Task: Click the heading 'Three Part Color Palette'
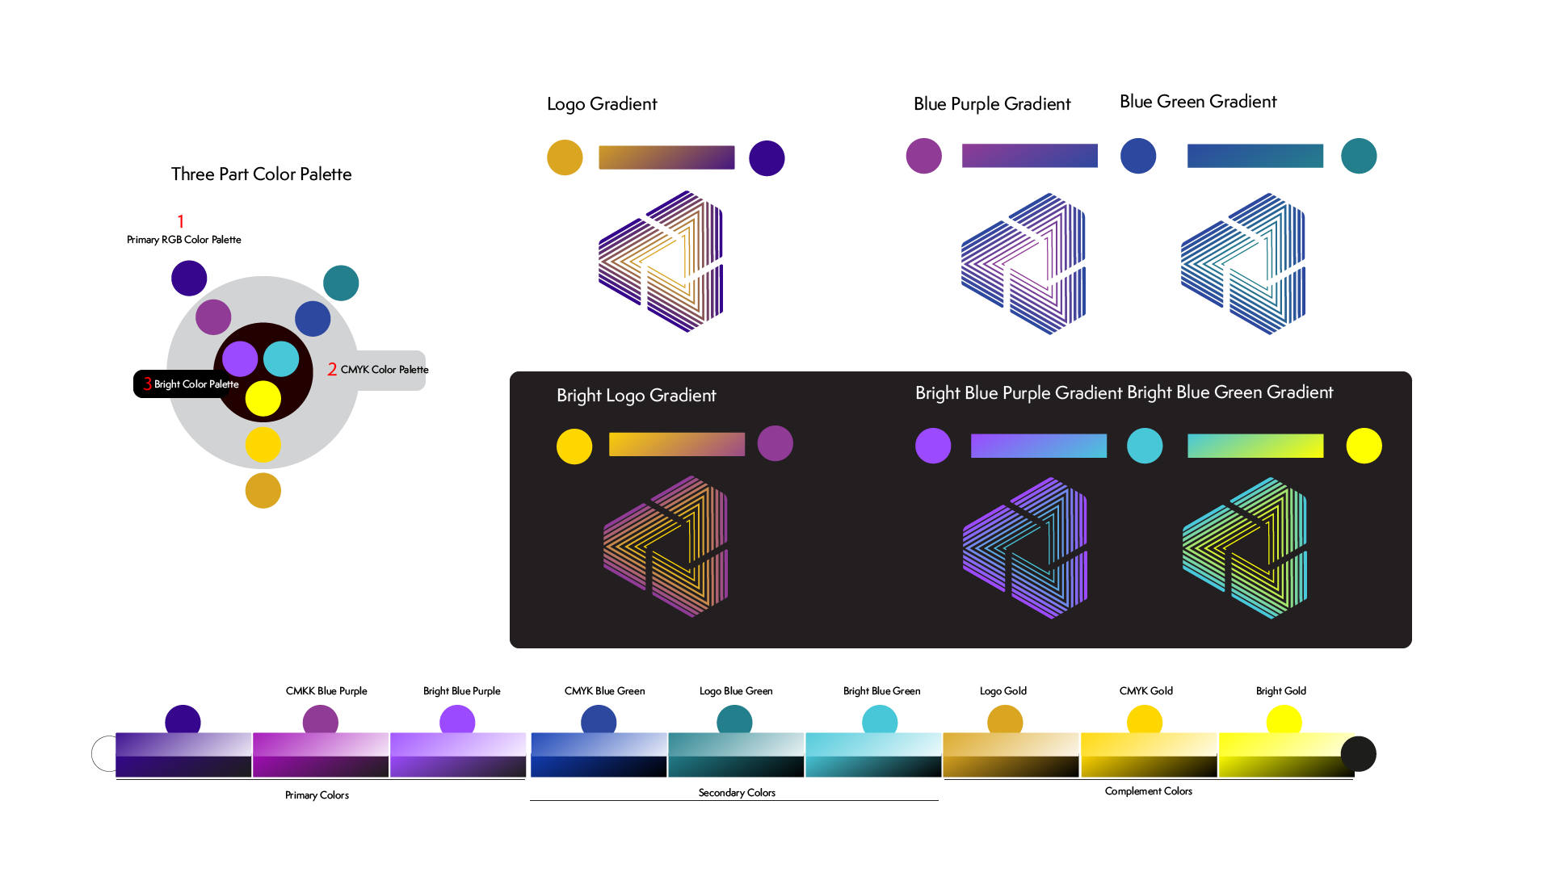pos(261,174)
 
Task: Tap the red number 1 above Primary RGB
pos(181,221)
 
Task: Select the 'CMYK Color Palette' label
pos(385,370)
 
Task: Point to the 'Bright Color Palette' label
pos(196,384)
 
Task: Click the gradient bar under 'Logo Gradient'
pos(666,157)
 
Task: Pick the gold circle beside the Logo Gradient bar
pos(565,157)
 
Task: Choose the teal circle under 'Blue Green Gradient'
pos(1359,156)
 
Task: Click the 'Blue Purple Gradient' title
pos(992,104)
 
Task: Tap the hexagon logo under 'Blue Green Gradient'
pos(1243,264)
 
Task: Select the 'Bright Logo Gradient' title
pos(637,396)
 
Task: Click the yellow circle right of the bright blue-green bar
pos(1364,446)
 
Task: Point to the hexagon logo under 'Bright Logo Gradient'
pos(666,547)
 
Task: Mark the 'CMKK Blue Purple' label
pos(326,691)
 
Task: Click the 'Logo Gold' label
pos(1003,691)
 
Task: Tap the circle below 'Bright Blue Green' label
pos(880,721)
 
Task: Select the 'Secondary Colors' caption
pos(737,793)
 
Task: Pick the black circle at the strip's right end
pos(1359,754)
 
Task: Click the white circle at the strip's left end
pos(104,754)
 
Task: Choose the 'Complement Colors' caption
pos(1149,791)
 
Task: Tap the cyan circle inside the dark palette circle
pos(281,358)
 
